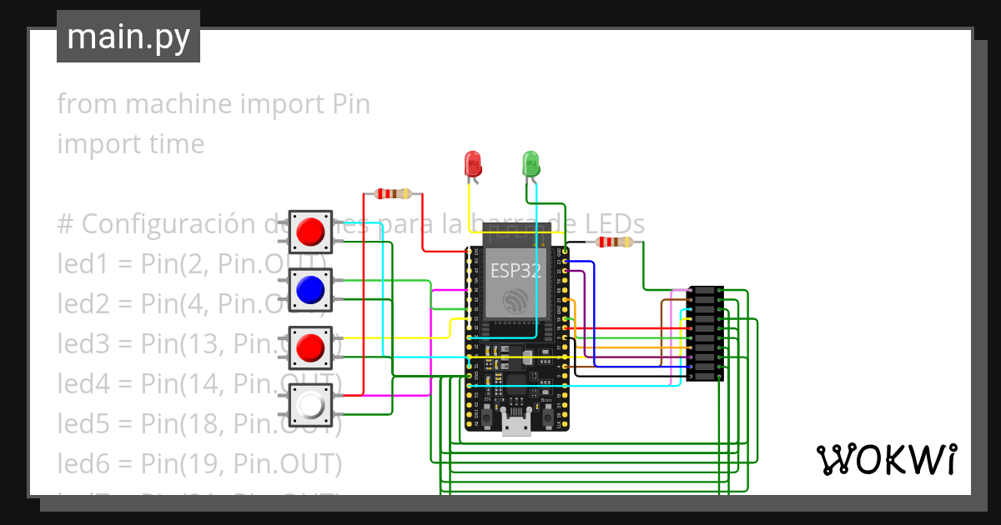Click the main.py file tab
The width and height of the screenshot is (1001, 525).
(x=128, y=37)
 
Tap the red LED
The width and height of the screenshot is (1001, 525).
(x=473, y=162)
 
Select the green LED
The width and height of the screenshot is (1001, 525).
(x=531, y=162)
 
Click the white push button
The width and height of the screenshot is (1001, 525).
(x=310, y=406)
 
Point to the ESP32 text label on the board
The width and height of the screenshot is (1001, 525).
(x=515, y=270)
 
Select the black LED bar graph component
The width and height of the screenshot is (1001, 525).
(x=705, y=332)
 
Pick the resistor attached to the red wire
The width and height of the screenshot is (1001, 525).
(x=392, y=194)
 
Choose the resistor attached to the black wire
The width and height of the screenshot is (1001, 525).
(x=614, y=242)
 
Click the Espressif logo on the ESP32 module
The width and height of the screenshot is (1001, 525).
(x=516, y=301)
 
